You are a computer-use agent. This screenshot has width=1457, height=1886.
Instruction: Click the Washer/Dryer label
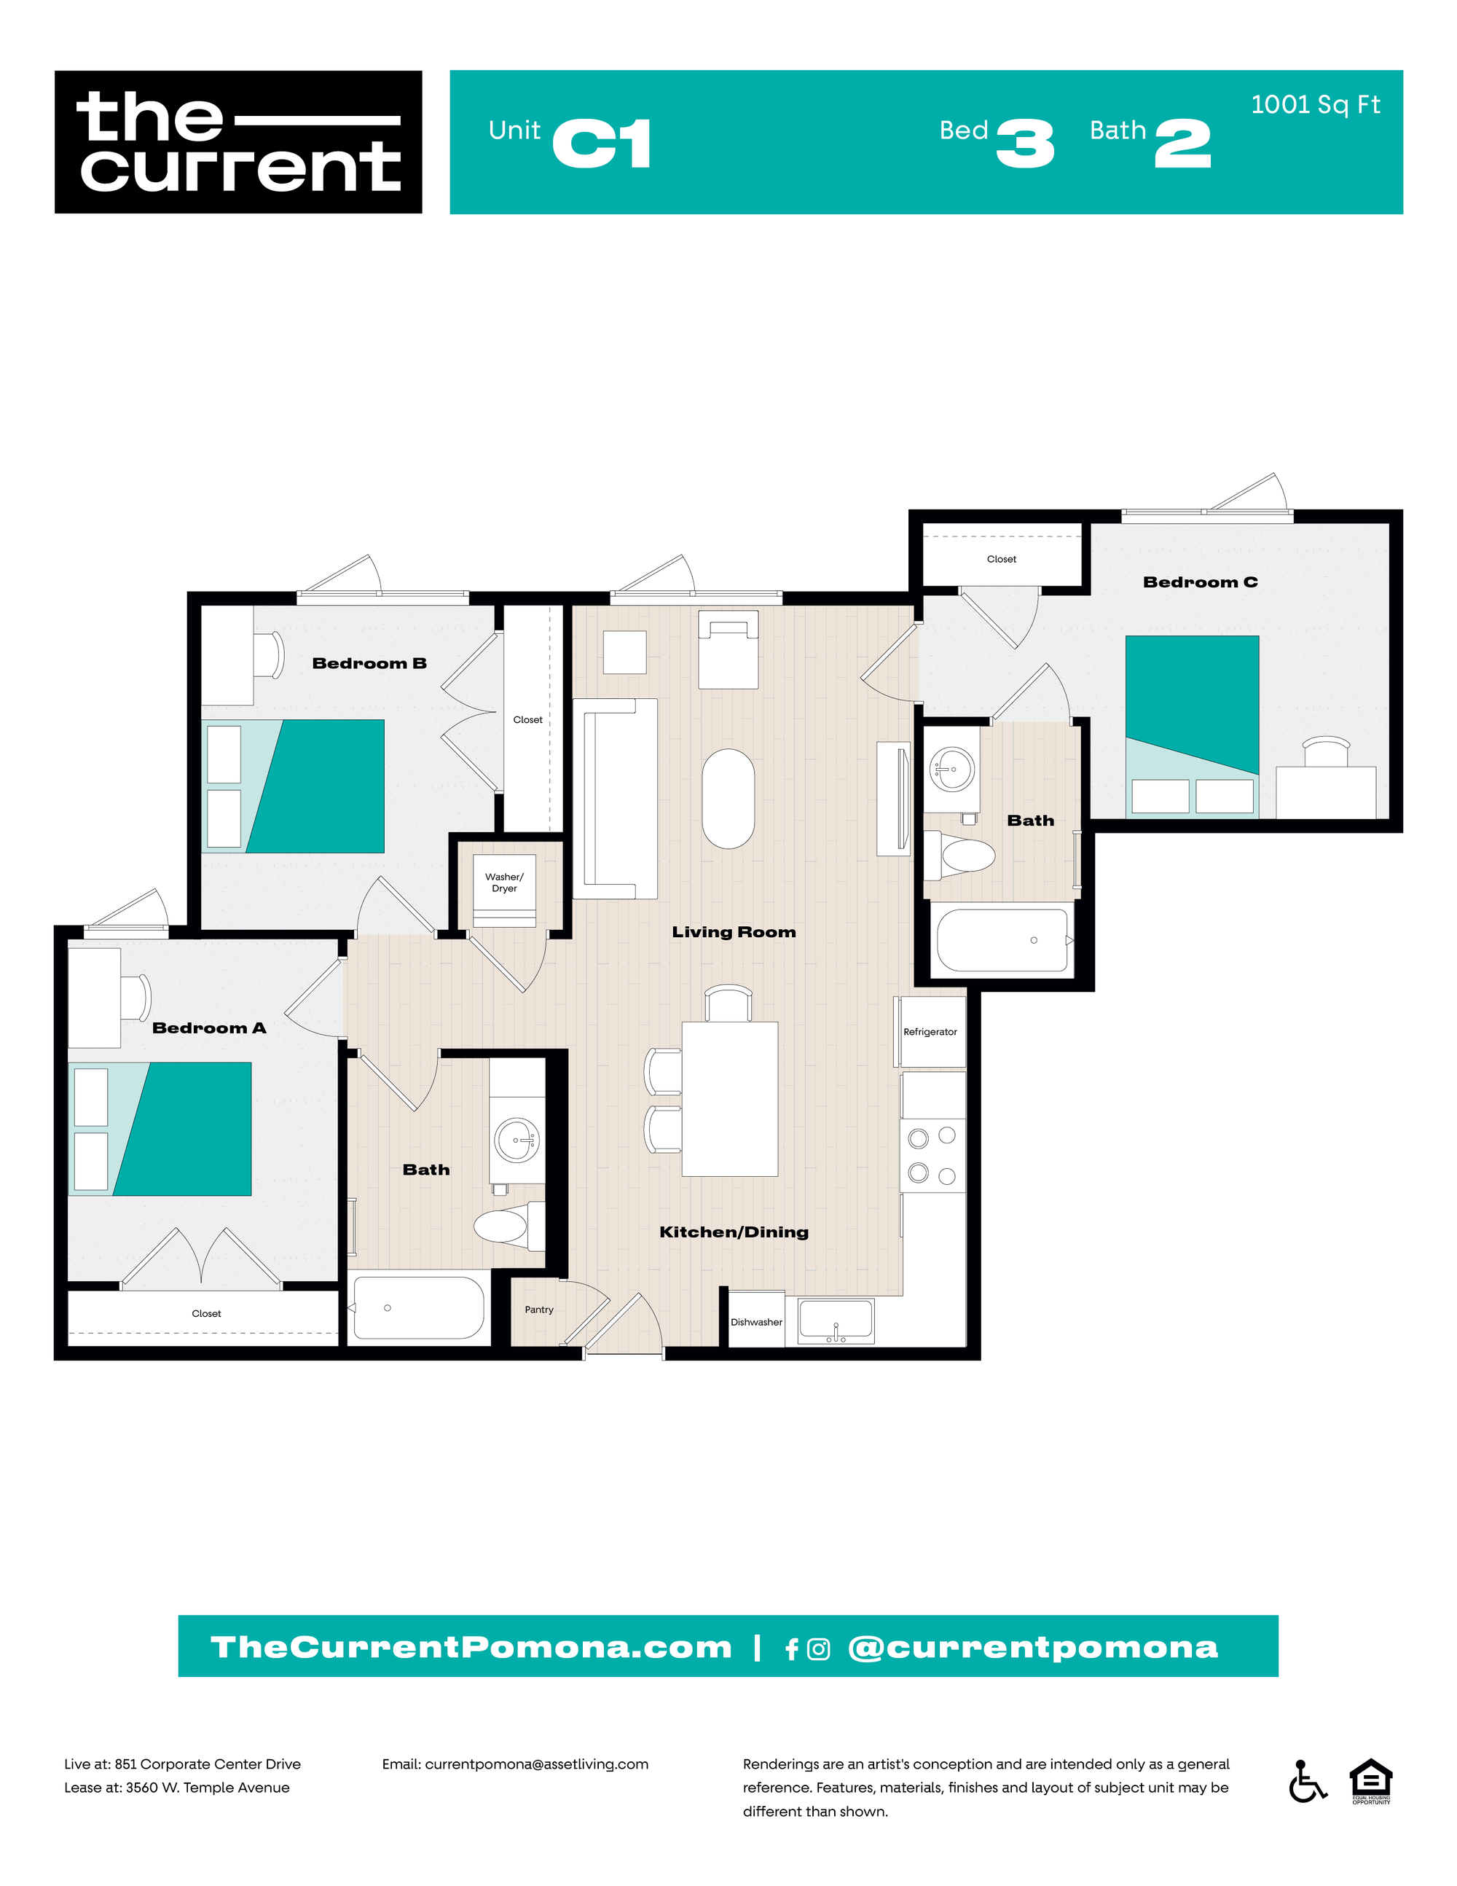(x=504, y=883)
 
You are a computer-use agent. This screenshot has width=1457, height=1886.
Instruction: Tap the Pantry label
(x=538, y=1309)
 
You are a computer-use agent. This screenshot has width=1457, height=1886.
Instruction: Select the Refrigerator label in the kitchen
(x=930, y=1032)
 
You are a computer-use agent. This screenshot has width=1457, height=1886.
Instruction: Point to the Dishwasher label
(x=756, y=1322)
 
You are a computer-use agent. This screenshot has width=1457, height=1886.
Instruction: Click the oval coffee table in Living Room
(x=728, y=799)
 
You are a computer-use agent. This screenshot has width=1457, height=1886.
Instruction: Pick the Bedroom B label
(x=369, y=663)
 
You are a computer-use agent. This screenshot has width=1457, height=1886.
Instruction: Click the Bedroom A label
(x=209, y=1028)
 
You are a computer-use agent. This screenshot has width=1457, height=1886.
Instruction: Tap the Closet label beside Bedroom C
(x=1001, y=560)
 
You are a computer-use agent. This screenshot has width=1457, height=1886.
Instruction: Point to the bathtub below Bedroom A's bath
(x=419, y=1307)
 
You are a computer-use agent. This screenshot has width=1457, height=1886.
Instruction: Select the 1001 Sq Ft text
(x=1315, y=104)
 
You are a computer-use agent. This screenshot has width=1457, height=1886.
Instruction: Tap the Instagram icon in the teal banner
(x=818, y=1649)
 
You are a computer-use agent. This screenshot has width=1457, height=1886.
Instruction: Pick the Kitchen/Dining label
(x=734, y=1232)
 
